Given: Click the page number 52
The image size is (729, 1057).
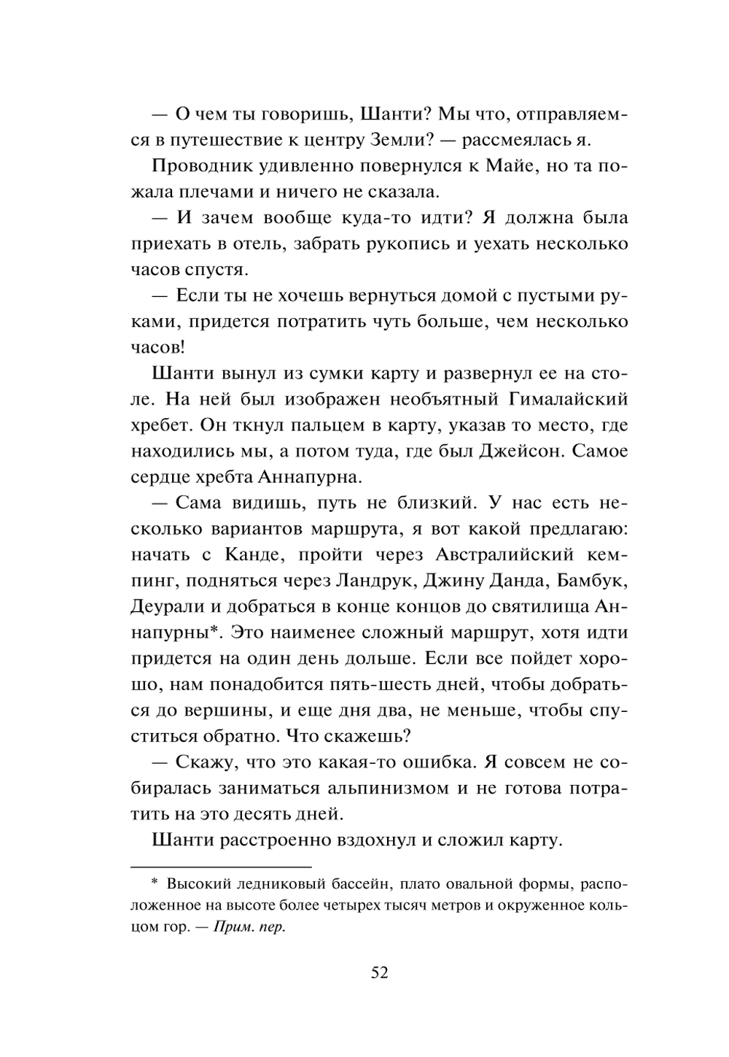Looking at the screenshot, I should coord(379,972).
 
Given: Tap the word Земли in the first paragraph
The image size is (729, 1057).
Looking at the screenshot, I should coord(345,140).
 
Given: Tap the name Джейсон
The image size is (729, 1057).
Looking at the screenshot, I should coord(521,452).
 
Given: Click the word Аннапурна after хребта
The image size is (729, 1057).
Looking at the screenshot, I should coord(301,478).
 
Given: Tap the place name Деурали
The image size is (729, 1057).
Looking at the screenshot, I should coord(165,607).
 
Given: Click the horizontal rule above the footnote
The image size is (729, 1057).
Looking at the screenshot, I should coord(221,867).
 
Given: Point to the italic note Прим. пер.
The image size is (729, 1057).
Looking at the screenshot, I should coord(251,929).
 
